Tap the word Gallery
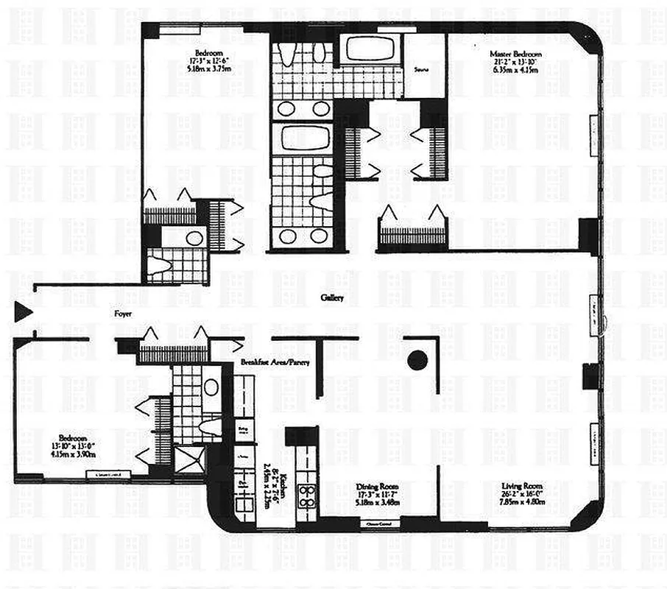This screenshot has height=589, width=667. click(x=333, y=298)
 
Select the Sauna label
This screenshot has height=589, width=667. click(x=422, y=71)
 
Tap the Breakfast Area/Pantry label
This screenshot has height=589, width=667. click(x=273, y=363)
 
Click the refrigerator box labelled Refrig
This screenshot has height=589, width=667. click(x=241, y=429)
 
